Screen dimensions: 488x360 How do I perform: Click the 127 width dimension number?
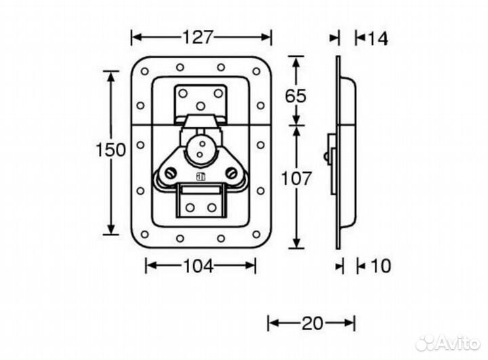198,37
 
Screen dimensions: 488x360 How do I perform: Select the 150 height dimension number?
110,150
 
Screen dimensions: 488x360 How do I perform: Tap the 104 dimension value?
199,266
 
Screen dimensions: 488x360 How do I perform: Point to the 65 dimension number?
296,96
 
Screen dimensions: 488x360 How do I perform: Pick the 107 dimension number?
296,178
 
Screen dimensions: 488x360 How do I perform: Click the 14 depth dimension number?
378,39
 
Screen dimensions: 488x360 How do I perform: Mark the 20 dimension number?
312,323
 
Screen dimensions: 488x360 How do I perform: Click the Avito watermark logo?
448,342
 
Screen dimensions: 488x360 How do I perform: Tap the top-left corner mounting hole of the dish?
144,71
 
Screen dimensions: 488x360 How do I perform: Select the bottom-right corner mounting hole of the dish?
256,234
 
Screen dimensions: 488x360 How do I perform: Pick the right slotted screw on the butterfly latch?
230,172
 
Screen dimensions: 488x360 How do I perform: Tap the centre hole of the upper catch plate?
201,106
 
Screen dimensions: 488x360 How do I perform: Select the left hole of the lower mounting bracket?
190,207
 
